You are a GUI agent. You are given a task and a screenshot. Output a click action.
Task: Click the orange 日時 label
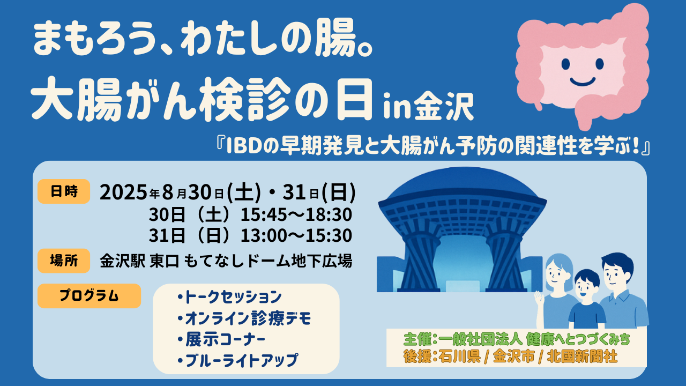tap(64, 191)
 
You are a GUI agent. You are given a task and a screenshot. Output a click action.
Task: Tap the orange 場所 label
tap(64, 261)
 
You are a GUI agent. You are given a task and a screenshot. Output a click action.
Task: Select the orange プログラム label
tap(89, 296)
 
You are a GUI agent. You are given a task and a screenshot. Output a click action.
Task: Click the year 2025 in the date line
tap(124, 192)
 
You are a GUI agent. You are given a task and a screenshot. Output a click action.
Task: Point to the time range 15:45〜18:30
tap(296, 215)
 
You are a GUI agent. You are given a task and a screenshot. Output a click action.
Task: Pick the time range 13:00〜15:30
tap(296, 235)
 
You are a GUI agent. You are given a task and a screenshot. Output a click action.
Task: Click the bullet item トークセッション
tap(230, 297)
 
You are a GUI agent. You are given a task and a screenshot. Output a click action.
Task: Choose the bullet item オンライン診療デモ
tap(244, 318)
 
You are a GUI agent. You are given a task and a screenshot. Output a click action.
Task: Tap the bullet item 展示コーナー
tap(221, 339)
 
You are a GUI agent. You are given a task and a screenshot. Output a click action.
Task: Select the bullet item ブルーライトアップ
tap(237, 360)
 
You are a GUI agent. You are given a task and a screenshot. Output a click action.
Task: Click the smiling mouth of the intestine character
tap(583, 82)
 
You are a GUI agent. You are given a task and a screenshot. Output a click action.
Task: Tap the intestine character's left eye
tap(565, 64)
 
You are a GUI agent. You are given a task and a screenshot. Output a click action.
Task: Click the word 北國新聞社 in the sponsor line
tap(582, 357)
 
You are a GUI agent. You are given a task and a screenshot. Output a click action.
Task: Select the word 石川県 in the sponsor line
tap(459, 357)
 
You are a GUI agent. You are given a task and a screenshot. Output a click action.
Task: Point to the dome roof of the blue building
tap(463, 184)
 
